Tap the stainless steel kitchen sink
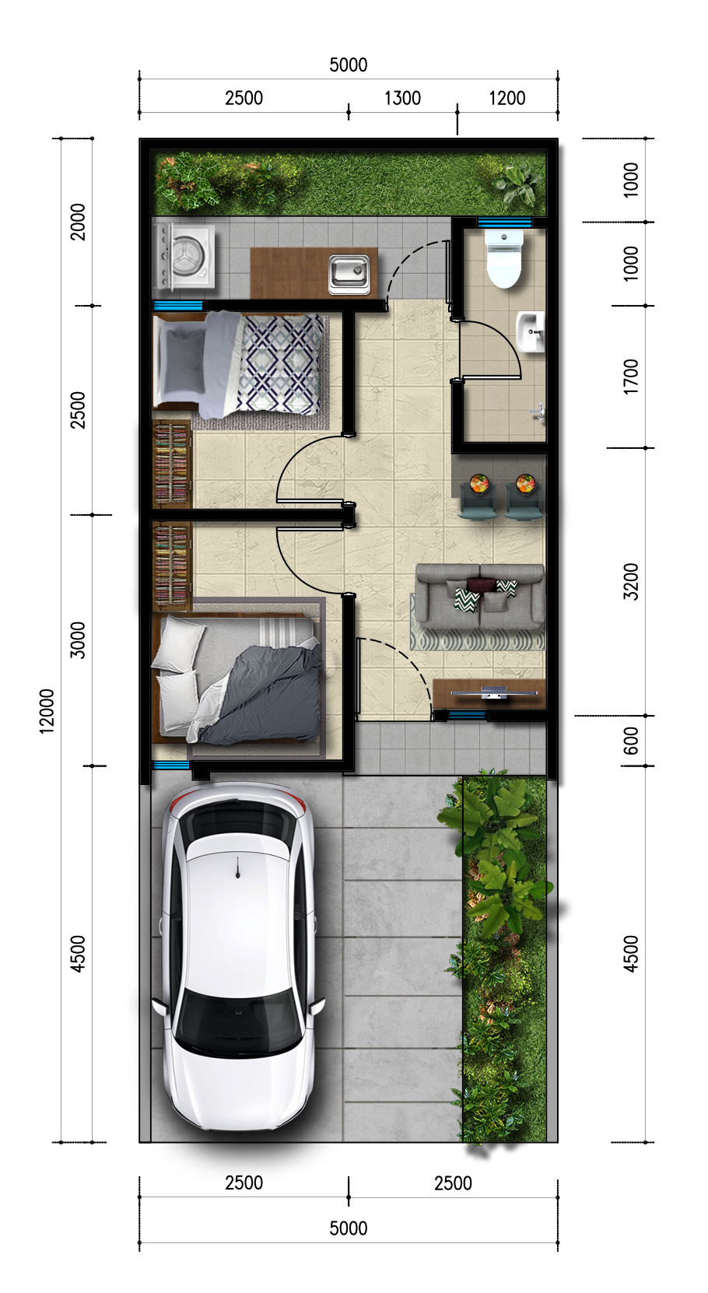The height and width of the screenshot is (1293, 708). pos(349,273)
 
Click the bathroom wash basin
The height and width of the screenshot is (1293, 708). pos(530,331)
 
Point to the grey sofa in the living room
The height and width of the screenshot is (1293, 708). pos(480,596)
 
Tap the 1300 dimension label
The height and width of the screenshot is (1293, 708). pos(402,98)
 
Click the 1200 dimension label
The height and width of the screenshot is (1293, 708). pos(507,98)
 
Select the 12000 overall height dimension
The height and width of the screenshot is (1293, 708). pos(47,710)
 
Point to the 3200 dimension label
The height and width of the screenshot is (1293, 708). pos(631,581)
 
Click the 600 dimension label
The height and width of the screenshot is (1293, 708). pos(631,741)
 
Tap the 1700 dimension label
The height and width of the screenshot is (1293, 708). pos(631,377)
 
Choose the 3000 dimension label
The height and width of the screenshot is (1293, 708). pos(77,639)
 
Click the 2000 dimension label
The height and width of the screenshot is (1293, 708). pos(77,222)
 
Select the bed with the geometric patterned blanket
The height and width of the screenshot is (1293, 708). pos(239,363)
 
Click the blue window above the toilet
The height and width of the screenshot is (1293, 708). pos(504,222)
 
